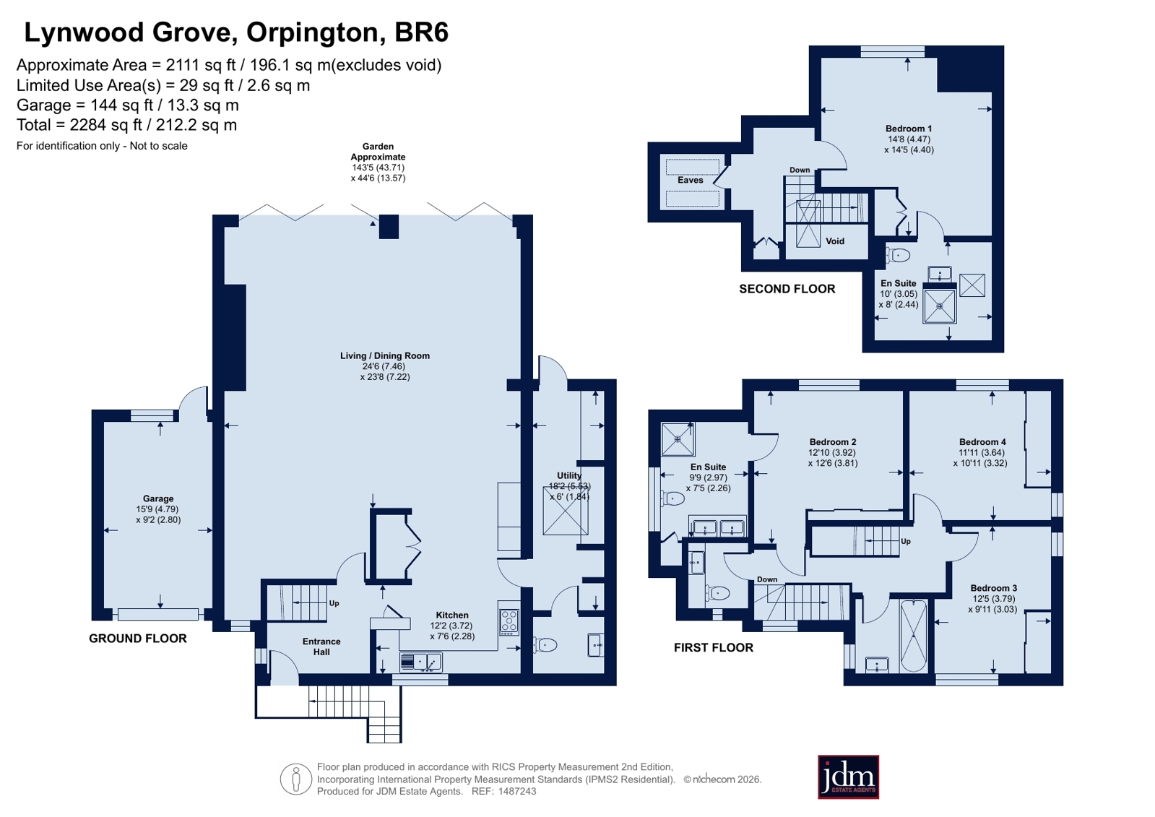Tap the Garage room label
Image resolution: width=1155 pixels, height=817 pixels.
158,498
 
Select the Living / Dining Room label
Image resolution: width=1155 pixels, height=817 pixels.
385,356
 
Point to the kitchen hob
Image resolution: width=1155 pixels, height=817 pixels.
509,622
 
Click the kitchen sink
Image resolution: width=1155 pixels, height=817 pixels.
420,662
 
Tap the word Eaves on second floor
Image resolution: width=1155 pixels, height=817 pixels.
691,180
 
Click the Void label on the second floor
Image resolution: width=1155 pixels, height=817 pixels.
835,241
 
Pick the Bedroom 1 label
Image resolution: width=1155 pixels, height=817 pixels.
909,129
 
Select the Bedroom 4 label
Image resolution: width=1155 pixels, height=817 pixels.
982,442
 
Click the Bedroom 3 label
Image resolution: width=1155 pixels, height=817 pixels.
994,588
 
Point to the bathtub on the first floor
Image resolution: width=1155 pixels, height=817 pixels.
913,636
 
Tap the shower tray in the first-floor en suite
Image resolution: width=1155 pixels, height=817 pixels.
678,439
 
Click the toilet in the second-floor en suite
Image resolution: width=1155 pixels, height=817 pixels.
898,255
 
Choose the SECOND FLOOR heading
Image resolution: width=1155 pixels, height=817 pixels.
787,289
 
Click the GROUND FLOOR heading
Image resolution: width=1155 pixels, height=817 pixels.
138,639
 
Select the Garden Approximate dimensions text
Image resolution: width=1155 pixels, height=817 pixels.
378,162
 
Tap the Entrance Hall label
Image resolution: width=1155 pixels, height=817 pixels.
321,647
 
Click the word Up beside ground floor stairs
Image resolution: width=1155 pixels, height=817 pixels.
334,603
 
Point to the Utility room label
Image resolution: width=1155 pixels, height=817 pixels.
568,475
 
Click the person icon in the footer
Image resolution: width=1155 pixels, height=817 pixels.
296,779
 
